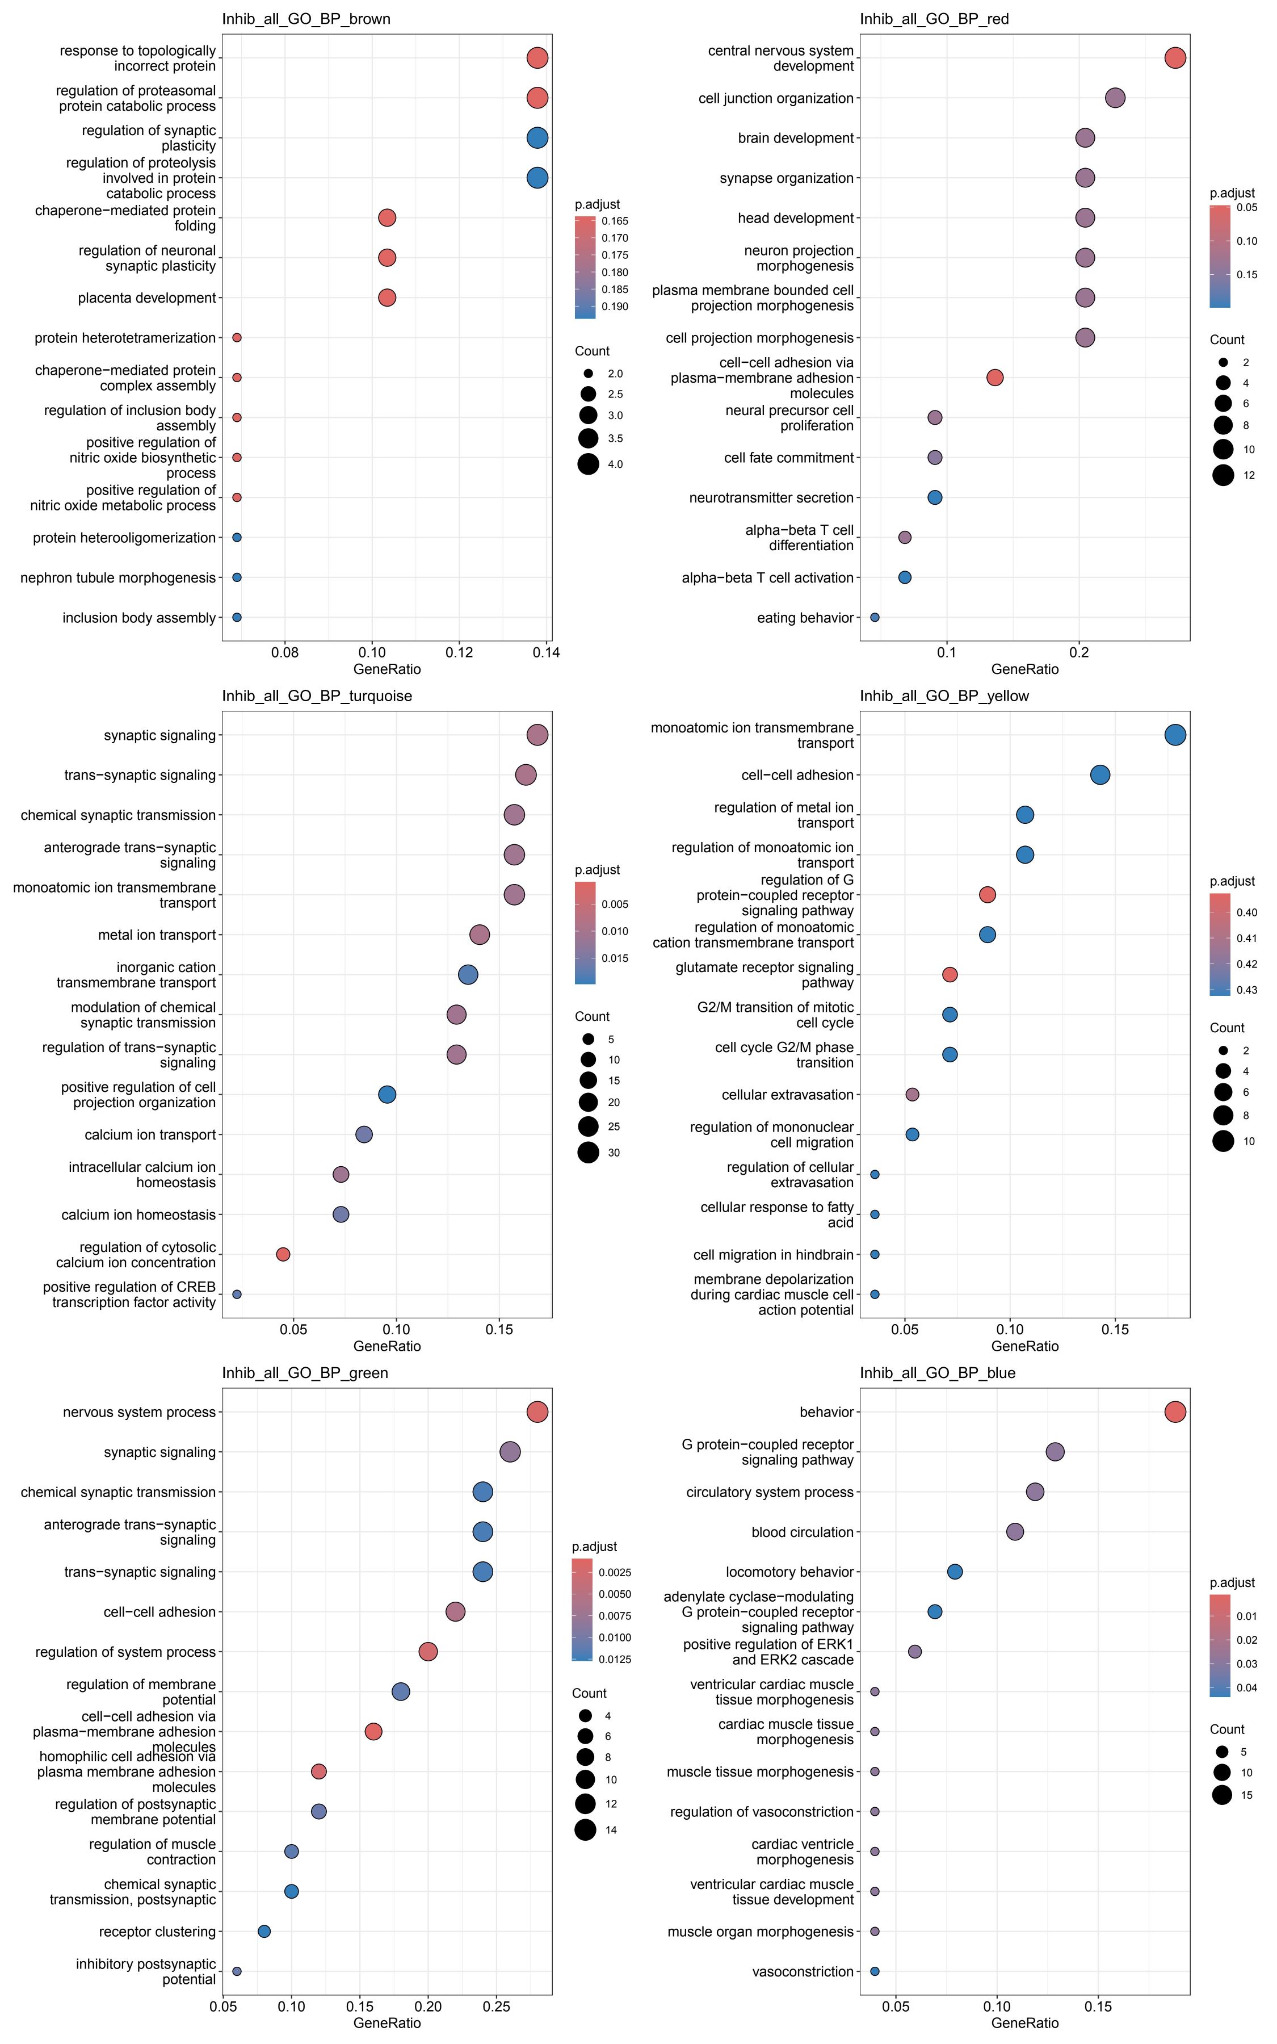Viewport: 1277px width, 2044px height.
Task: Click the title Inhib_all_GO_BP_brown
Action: (306, 19)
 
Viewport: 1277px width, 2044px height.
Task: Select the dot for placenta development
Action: (387, 298)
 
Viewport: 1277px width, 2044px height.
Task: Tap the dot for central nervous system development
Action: (1175, 57)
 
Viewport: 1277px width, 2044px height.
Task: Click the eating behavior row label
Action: (805, 617)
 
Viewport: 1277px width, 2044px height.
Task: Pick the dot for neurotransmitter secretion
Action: (934, 497)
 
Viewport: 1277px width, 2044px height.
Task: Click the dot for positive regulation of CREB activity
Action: (237, 1294)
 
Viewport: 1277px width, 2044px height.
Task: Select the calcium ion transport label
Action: (150, 1134)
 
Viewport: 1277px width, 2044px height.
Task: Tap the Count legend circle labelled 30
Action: (589, 1152)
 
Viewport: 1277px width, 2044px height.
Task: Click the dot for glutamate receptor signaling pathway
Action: (950, 975)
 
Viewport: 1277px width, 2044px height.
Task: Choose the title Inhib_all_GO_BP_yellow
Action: (944, 696)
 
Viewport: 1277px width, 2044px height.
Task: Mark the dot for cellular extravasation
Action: (912, 1095)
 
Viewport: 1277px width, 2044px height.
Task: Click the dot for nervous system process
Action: (537, 1412)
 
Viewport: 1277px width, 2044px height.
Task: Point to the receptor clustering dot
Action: (263, 1932)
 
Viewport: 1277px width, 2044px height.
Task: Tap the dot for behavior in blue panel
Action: (1175, 1412)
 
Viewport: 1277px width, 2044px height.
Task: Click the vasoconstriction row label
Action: (803, 1971)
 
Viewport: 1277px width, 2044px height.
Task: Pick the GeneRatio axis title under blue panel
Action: (1024, 2023)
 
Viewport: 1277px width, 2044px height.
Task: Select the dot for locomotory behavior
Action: (955, 1572)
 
